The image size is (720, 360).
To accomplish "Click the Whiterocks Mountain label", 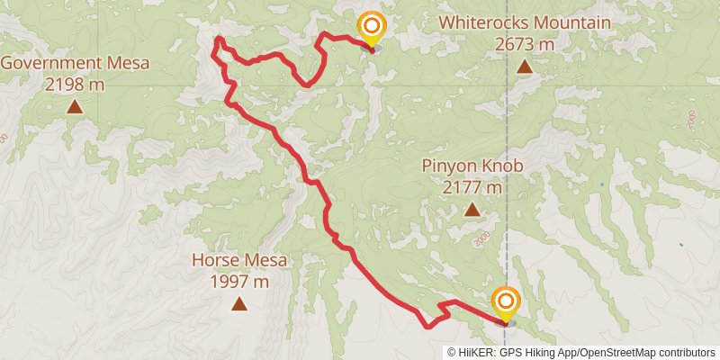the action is click(524, 23).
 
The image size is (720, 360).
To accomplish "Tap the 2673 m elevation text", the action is click(524, 43).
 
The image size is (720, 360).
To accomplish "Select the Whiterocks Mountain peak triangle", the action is click(524, 67).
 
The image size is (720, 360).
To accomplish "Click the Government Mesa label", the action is click(75, 63).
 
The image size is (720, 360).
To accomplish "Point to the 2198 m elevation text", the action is click(75, 84).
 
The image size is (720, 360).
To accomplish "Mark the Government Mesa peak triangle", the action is click(75, 107).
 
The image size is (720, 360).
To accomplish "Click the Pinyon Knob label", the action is click(472, 166).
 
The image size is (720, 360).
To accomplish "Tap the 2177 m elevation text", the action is click(472, 187).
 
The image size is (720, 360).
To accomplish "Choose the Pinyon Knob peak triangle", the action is click(472, 211).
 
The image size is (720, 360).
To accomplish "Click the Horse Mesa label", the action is click(239, 261).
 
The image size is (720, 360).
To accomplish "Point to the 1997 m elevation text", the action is click(239, 281).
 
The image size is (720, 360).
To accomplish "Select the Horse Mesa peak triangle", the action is click(239, 304).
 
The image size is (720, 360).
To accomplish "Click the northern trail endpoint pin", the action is click(370, 28).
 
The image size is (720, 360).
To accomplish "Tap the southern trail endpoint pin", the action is click(505, 302).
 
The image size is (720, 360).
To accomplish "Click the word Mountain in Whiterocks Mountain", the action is click(571, 23).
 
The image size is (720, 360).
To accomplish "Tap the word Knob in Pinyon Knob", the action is click(504, 166).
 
